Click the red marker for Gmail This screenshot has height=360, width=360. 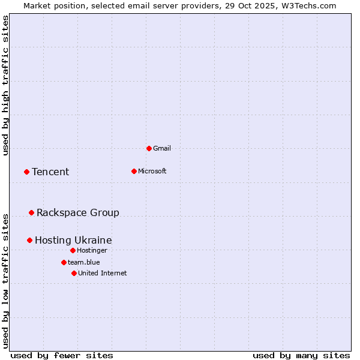149,148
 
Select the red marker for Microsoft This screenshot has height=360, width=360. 134,171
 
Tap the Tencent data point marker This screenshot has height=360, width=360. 26,172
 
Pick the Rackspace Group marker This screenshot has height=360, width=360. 31,212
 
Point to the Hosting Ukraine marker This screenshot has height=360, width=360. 29,240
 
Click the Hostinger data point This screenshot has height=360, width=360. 73,250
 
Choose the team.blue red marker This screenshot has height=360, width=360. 64,262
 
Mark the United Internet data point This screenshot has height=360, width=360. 74,273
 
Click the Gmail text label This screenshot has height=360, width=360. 162,148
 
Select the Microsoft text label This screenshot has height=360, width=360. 152,171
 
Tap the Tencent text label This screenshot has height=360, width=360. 50,172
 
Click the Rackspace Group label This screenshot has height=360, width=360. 78,212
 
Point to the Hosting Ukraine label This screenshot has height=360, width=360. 73,240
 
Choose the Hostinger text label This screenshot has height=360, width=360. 92,250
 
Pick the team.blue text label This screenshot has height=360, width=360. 84,262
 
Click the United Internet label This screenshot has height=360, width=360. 103,273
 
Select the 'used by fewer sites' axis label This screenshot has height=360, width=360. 62,355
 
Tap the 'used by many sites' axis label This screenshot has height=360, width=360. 301,355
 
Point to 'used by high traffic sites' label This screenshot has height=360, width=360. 5,85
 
